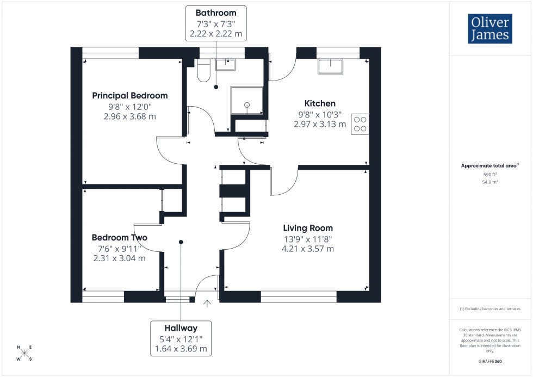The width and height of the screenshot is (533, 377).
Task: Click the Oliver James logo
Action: (489, 29)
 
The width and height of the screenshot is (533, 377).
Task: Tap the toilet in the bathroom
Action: (204, 71)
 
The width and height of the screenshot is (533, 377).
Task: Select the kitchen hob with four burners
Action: (360, 124)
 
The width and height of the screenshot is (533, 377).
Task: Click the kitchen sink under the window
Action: (331, 66)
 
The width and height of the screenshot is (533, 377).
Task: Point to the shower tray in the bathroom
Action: (247, 100)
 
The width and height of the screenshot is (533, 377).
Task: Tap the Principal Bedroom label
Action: (129, 95)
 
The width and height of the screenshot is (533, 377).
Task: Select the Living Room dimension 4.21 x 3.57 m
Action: (307, 249)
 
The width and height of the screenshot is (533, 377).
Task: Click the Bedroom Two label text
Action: (119, 238)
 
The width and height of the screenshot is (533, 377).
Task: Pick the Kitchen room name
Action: (320, 103)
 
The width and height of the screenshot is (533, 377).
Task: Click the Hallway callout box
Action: (181, 338)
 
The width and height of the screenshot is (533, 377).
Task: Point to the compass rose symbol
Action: (24, 353)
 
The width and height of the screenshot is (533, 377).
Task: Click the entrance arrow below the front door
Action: (207, 303)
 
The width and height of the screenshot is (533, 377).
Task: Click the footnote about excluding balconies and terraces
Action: (490, 308)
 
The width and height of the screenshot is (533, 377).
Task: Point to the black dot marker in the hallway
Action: (181, 242)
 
